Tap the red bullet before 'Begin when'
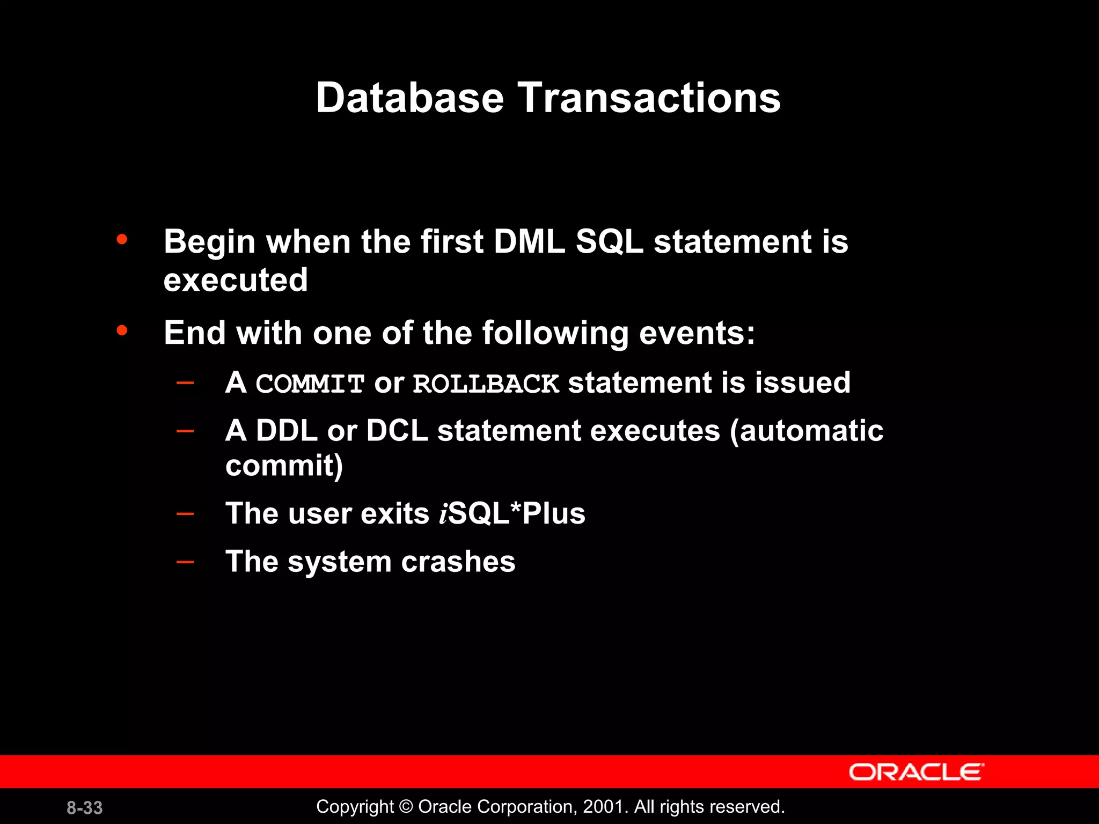[122, 239]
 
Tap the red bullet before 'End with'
[122, 330]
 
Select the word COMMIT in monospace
[310, 384]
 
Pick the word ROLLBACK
[486, 384]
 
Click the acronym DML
[529, 241]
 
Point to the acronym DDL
[287, 431]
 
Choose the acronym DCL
[397, 431]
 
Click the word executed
[236, 280]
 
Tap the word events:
[697, 333]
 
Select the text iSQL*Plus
[512, 513]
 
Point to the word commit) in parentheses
[284, 466]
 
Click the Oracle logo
[916, 772]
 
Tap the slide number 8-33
[85, 807]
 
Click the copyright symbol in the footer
[406, 807]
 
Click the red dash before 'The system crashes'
[185, 562]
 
